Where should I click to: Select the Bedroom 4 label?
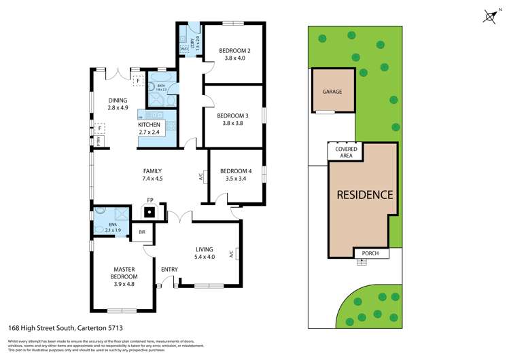[x=236, y=170]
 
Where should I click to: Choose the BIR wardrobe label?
[x=142, y=232]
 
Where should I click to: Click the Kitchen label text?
[x=149, y=125]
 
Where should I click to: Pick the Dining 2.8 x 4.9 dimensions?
[x=117, y=108]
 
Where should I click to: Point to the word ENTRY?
[x=169, y=270]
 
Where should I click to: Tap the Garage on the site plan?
[x=332, y=92]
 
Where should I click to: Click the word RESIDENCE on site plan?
[x=365, y=195]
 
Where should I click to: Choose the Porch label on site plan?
[x=372, y=254]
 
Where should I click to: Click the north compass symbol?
[x=491, y=16]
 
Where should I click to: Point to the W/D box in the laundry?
[x=184, y=49]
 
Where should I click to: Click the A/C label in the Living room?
[x=232, y=255]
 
